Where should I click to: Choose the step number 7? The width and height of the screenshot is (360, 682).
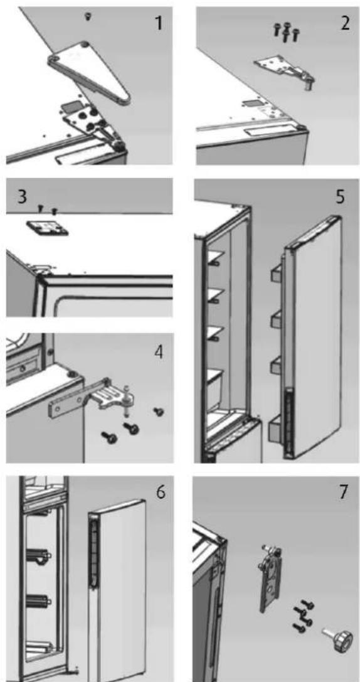click(344, 493)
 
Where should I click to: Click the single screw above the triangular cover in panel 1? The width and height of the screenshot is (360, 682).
click(88, 16)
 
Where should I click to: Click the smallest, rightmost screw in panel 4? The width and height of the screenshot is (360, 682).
click(159, 411)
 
